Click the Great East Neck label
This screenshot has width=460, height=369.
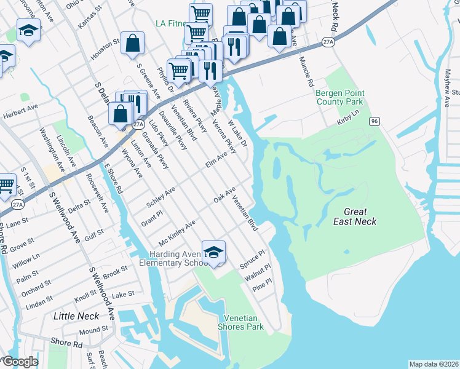(x=355, y=216)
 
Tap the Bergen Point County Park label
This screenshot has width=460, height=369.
(x=340, y=97)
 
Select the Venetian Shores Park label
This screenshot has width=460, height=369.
(x=244, y=322)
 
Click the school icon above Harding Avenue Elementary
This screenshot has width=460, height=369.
(x=213, y=252)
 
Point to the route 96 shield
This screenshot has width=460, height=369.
(x=374, y=121)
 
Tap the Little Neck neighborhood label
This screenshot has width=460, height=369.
(x=76, y=315)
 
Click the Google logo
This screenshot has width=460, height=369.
(x=20, y=362)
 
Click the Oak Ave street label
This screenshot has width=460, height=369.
(x=224, y=197)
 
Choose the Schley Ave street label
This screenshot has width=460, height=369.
(x=161, y=197)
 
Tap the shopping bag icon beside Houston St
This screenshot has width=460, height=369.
(x=132, y=44)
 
